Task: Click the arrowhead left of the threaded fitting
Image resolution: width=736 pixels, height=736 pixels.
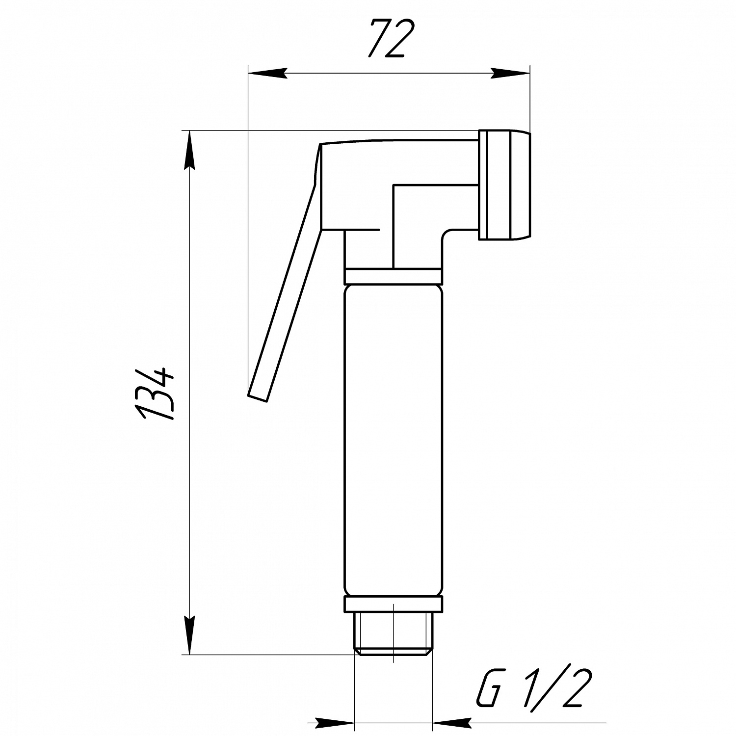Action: pyautogui.click(x=335, y=722)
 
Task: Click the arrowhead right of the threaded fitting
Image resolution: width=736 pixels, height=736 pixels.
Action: pyautogui.click(x=451, y=722)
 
